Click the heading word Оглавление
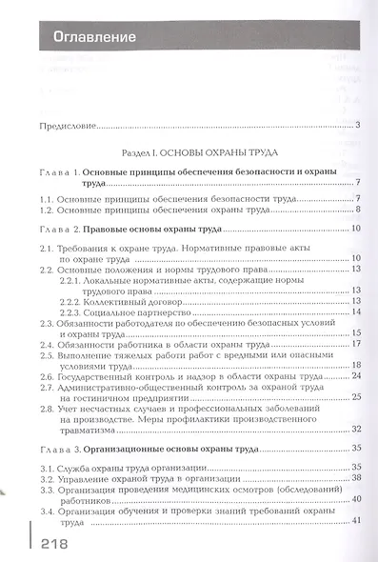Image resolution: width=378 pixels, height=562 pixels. click(86, 39)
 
